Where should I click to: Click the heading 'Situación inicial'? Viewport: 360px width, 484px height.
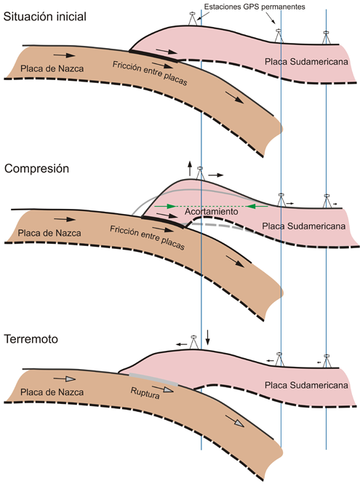pyautogui.click(x=45, y=16)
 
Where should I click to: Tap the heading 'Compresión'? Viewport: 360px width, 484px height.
pyautogui.click(x=36, y=169)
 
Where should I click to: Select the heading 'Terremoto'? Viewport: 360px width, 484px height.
pyautogui.click(x=31, y=339)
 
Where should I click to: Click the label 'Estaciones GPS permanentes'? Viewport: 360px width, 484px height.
pyautogui.click(x=255, y=7)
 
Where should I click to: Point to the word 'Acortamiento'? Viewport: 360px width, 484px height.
pyautogui.click(x=212, y=212)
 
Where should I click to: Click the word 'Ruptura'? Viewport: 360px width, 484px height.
pyautogui.click(x=145, y=393)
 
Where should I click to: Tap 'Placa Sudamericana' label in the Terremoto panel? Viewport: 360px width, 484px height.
pyautogui.click(x=306, y=385)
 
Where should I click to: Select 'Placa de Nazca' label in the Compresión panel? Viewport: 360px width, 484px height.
pyautogui.click(x=49, y=233)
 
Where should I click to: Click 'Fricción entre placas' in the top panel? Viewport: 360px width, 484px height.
pyautogui.click(x=150, y=73)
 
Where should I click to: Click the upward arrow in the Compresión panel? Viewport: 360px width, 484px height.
pyautogui.click(x=190, y=169)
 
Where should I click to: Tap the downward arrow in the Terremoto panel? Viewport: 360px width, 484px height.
pyautogui.click(x=208, y=338)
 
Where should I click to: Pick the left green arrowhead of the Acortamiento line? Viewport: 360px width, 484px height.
pyautogui.click(x=171, y=206)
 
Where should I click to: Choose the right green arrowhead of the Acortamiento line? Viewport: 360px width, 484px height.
pyautogui.click(x=252, y=206)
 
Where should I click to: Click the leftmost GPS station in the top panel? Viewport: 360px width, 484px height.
pyautogui.click(x=193, y=19)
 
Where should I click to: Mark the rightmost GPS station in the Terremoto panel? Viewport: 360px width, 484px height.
pyautogui.click(x=327, y=361)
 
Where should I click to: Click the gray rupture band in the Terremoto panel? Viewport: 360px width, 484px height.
pyautogui.click(x=153, y=379)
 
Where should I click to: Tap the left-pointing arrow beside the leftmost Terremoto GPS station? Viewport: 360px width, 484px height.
pyautogui.click(x=181, y=344)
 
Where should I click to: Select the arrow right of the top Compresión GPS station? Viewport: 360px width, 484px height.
pyautogui.click(x=215, y=175)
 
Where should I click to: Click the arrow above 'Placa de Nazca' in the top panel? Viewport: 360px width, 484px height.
pyautogui.click(x=65, y=55)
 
